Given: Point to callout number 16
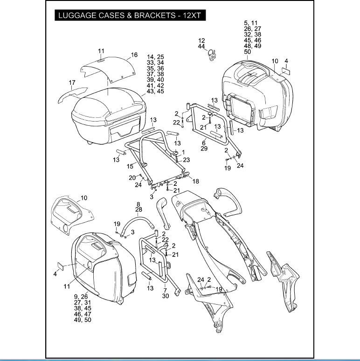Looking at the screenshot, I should pyautogui.click(x=134, y=55).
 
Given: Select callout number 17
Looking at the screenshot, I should pyautogui.click(x=72, y=83).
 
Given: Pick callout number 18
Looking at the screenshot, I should pyautogui.click(x=195, y=181).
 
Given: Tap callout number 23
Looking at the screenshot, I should pyautogui.click(x=187, y=160).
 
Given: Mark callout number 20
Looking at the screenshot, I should pyautogui.click(x=132, y=177).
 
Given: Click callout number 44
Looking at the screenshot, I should pyautogui.click(x=201, y=47).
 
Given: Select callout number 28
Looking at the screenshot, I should pyautogui.click(x=138, y=210).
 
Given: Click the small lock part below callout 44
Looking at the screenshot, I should pyautogui.click(x=213, y=55).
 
